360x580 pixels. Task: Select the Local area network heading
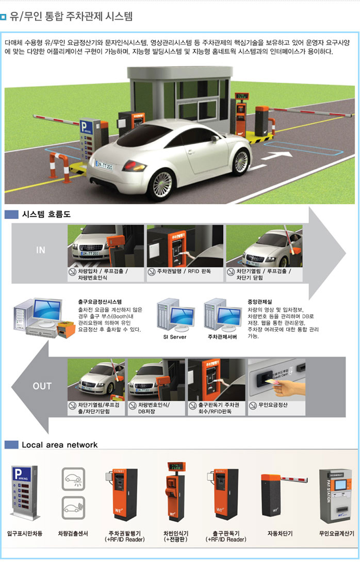point(59,445)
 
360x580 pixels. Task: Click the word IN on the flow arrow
point(41,250)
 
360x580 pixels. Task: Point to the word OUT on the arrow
point(42,386)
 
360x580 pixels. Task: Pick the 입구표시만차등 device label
point(25,533)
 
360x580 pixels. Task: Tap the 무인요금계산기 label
point(337,533)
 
